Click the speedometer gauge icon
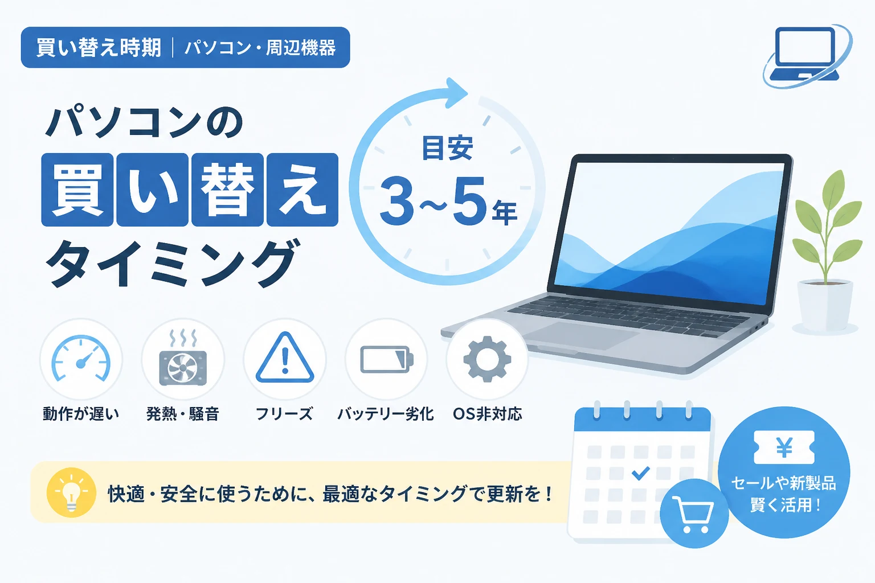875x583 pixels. pos(81,358)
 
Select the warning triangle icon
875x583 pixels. pos(285,358)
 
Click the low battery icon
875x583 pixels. pos(387,359)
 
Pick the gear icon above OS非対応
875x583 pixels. pos(487,359)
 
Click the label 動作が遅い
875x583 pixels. pos(81,414)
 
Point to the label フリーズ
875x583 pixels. pos(284,414)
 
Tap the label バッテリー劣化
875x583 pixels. pos(386,414)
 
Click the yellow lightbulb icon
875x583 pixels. pos(71,492)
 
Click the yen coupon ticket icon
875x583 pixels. pos(784,447)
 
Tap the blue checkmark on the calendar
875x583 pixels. pos(641,473)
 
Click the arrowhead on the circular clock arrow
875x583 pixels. pos(456,93)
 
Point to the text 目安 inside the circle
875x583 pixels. pos(448,148)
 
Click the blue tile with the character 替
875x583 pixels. pos(227,190)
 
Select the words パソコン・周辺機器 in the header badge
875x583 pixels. pos(260,48)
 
